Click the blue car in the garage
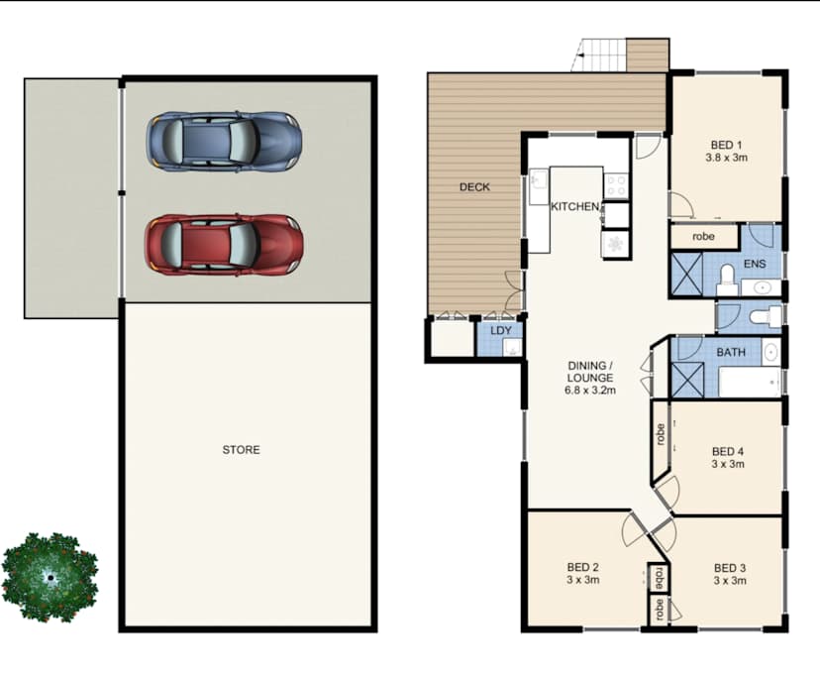tap(224, 141)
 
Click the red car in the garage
tap(224, 243)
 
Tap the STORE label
tap(241, 450)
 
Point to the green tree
tap(50, 578)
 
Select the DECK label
tap(474, 186)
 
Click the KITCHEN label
tap(574, 206)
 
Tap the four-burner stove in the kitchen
tap(615, 184)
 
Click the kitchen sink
tap(539, 183)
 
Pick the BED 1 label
tap(725, 143)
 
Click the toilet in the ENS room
tap(725, 275)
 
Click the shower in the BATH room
tap(685, 381)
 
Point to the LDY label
tap(501, 330)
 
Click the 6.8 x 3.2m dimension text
tap(590, 391)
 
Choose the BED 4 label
tap(728, 450)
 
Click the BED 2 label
tap(583, 567)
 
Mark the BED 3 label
tap(729, 568)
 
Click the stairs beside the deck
tap(603, 56)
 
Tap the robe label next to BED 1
tap(703, 237)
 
